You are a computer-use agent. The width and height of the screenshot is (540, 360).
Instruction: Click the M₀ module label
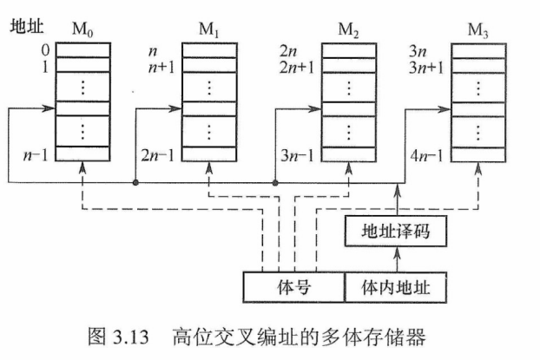pyautogui.click(x=82, y=29)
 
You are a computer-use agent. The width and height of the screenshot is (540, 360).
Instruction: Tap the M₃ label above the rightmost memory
pyautogui.click(x=477, y=30)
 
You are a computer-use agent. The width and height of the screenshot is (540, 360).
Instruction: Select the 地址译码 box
pyautogui.click(x=396, y=231)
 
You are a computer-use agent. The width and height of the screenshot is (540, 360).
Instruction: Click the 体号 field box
pyautogui.click(x=294, y=287)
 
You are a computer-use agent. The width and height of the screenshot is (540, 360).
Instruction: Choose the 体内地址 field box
pyautogui.click(x=396, y=287)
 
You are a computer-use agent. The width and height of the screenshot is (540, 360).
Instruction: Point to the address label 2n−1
pyautogui.click(x=158, y=155)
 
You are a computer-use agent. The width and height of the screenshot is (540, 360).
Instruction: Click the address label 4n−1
pyautogui.click(x=426, y=156)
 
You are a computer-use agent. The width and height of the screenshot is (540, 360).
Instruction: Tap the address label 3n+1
pyautogui.click(x=426, y=68)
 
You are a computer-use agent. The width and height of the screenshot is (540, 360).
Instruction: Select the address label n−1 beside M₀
pyautogui.click(x=36, y=155)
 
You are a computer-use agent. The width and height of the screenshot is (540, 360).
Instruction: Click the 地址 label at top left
pyautogui.click(x=27, y=27)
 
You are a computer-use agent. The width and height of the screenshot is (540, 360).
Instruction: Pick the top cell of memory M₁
pyautogui.click(x=209, y=50)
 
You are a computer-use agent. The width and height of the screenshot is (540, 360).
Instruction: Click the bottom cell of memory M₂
pyautogui.click(x=349, y=154)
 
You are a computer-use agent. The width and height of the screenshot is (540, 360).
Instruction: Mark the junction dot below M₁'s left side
pyautogui.click(x=135, y=182)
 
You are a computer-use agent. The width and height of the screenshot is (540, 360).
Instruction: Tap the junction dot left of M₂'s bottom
pyautogui.click(x=275, y=183)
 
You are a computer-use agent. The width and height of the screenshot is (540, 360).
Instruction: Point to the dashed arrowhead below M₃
pyautogui.click(x=478, y=168)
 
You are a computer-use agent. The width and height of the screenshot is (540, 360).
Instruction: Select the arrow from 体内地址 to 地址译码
pyautogui.click(x=398, y=259)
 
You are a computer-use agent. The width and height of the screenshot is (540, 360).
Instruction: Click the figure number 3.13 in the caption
pyautogui.click(x=130, y=337)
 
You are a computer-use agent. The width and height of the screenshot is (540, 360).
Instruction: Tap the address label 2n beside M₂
pyautogui.click(x=288, y=51)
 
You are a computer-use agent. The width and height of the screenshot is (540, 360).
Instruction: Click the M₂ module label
pyautogui.click(x=348, y=30)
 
